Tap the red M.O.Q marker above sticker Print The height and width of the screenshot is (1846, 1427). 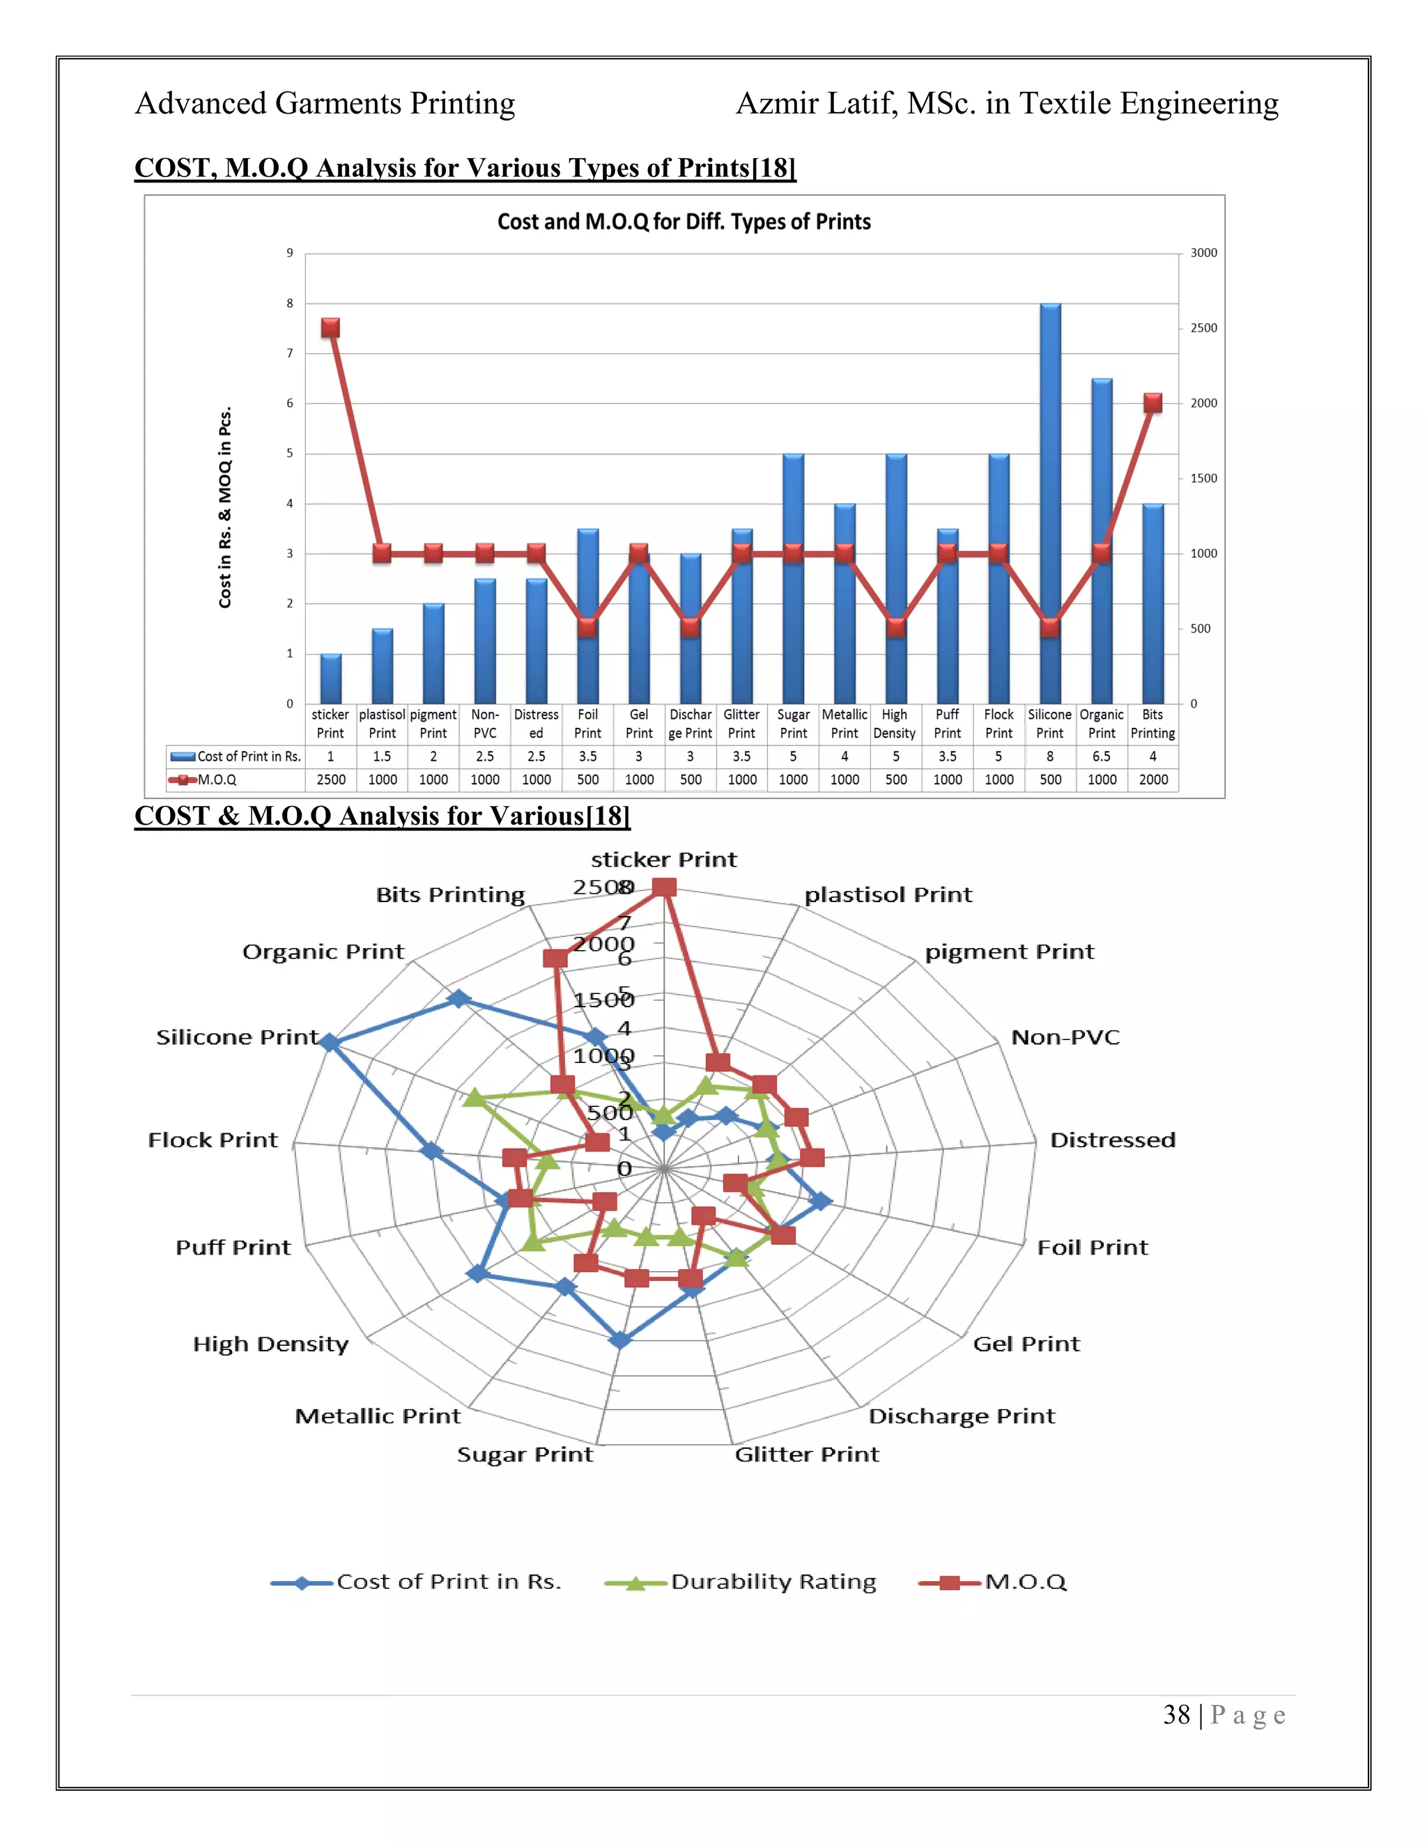coord(330,328)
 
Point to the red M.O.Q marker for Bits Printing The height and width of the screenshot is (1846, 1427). coord(1152,403)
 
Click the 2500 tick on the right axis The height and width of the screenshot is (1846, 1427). coord(1203,328)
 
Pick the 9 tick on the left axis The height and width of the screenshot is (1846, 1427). coord(290,253)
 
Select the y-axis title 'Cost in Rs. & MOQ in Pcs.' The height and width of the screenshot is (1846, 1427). coord(225,507)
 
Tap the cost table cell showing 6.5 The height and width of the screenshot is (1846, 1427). coord(1101,757)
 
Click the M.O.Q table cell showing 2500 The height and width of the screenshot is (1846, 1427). coord(330,779)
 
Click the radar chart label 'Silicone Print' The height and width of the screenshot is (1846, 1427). coord(238,1037)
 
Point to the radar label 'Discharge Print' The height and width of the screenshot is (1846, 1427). coord(961,1415)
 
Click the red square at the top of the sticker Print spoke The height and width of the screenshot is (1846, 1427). coord(665,887)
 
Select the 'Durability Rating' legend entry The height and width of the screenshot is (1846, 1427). coord(773,1581)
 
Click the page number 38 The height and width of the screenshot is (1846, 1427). coord(1176,1715)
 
